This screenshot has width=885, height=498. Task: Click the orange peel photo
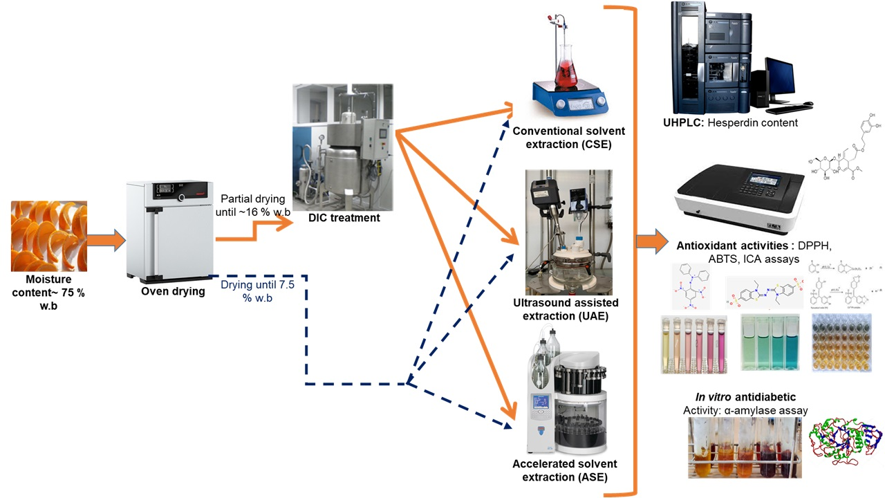click(49, 236)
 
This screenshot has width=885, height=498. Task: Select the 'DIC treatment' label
click(343, 218)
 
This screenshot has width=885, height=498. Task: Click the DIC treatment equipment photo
click(343, 147)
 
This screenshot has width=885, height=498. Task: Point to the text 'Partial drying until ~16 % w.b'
click(252, 205)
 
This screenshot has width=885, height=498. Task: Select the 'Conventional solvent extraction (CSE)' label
click(568, 138)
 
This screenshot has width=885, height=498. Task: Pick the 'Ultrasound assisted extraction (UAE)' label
click(566, 310)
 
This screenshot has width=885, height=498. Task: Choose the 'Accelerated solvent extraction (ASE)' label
click(565, 470)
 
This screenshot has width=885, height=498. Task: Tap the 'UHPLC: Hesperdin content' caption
click(730, 123)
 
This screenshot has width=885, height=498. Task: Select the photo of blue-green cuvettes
click(768, 343)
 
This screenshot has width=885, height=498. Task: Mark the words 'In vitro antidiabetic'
click(745, 397)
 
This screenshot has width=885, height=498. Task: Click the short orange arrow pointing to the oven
click(106, 241)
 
